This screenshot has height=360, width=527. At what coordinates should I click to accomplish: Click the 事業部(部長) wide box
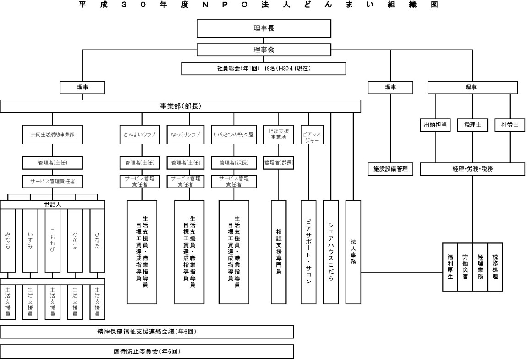pos(181,106)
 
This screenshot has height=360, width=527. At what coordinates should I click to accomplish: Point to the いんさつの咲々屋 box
pos(233,136)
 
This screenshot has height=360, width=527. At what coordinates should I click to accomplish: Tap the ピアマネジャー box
pos(313,136)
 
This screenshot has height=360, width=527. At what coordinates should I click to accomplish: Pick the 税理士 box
pos(472,125)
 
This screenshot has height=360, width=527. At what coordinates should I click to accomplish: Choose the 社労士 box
pos(510,125)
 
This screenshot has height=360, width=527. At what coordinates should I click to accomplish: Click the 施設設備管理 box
pos(390,169)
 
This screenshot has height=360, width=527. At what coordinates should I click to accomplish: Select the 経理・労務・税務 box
pos(472,169)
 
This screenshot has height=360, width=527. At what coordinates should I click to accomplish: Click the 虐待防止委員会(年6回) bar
pos(147,352)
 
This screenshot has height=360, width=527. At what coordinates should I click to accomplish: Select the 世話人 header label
pos(53,205)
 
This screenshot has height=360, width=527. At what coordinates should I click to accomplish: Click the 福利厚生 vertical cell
pos(450,267)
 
